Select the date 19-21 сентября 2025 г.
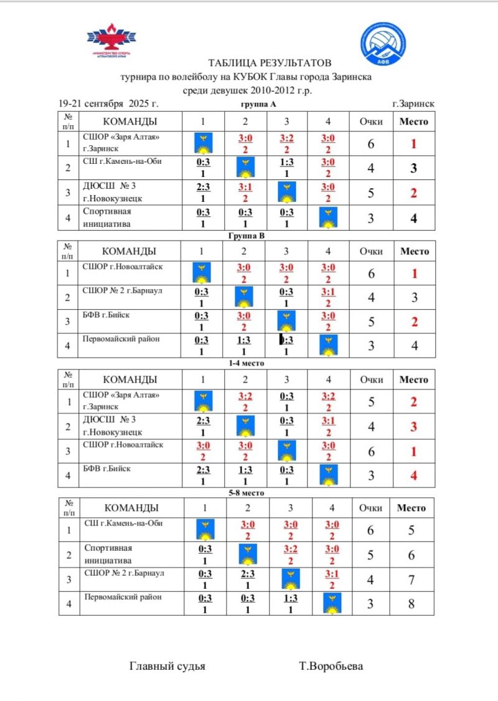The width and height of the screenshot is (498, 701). click(x=108, y=103)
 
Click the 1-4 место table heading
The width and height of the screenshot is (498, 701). click(x=247, y=363)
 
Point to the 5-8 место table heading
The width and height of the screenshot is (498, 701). click(x=247, y=492)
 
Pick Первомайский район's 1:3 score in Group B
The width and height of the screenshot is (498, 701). click(x=245, y=340)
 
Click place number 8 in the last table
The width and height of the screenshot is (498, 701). click(x=411, y=604)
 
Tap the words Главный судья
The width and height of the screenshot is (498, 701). click(x=167, y=666)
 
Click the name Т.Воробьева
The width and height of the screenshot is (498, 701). click(x=331, y=666)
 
